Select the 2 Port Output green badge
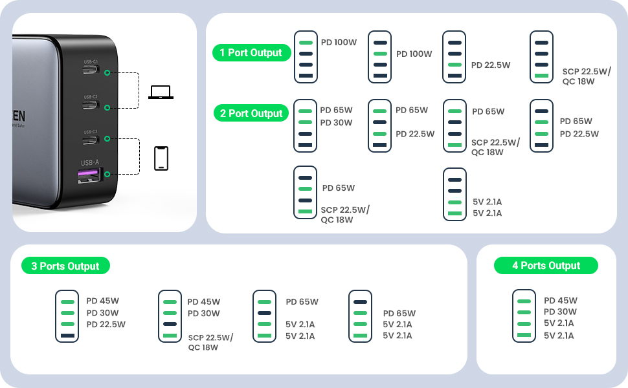point(251,113)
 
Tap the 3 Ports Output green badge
point(65,266)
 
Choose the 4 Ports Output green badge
point(546,266)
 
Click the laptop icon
point(161,92)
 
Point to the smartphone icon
point(161,158)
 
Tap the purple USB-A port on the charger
point(89,174)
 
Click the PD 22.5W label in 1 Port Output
point(491,65)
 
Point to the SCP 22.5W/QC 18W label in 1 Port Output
point(587,76)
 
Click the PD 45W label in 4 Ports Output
point(561,301)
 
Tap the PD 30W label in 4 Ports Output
point(561,312)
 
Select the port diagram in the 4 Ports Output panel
point(524,316)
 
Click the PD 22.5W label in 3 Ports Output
point(106,325)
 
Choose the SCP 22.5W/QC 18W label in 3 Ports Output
point(210,342)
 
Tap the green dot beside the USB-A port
point(106,174)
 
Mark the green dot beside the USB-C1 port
point(106,74)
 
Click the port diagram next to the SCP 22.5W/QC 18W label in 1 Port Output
point(541,57)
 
